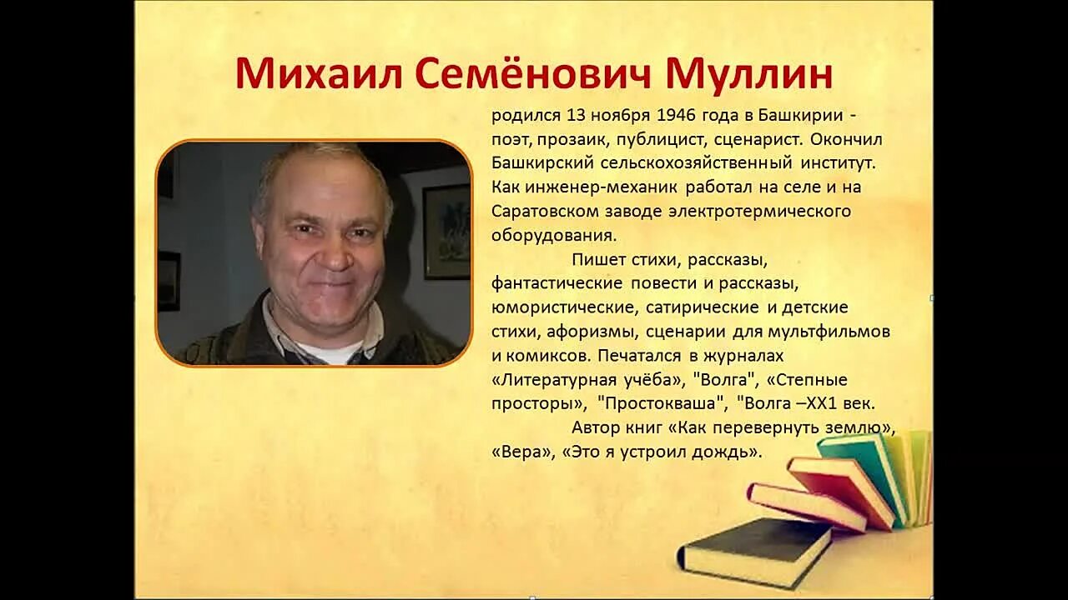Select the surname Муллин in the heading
point(749,74)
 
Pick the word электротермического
point(759,211)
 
